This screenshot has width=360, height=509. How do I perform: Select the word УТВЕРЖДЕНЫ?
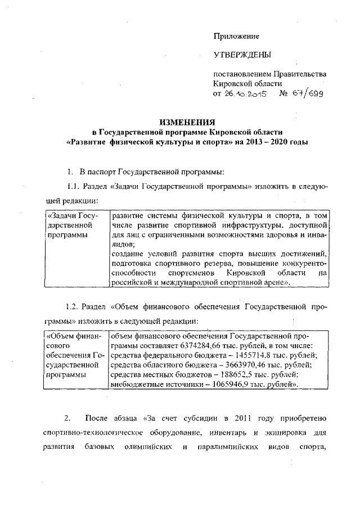pos(241,55)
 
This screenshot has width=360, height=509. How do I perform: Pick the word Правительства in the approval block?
pos(299,74)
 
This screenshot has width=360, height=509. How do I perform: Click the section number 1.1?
pos(73,186)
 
